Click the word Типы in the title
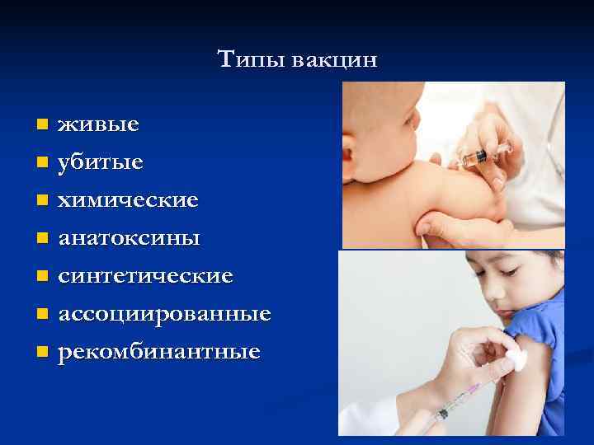coord(244,59)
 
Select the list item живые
coord(98,125)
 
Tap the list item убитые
coord(100,162)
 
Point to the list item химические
coord(128,200)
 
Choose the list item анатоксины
coord(129,238)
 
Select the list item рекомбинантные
coord(158,352)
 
